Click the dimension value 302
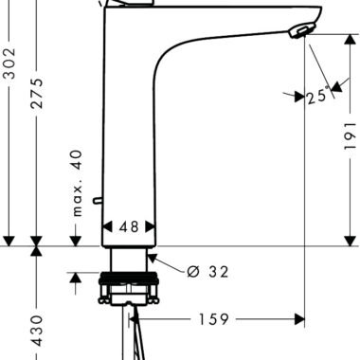pyautogui.click(x=10, y=63)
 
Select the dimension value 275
pyautogui.click(x=37, y=94)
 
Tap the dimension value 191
pyautogui.click(x=350, y=136)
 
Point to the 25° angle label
pyautogui.click(x=317, y=97)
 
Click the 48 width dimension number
pyautogui.click(x=129, y=226)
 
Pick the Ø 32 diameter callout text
pyautogui.click(x=207, y=271)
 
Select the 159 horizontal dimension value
pyautogui.click(x=213, y=319)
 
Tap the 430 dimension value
pyautogui.click(x=37, y=331)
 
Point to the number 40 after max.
pyautogui.click(x=78, y=160)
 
